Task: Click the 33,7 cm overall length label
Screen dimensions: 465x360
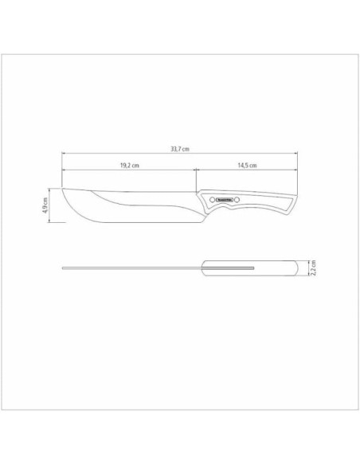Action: point(179,148)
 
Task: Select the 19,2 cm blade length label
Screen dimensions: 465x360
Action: point(130,165)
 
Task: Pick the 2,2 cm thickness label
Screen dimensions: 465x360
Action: point(315,271)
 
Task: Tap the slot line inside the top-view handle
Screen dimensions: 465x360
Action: point(231,267)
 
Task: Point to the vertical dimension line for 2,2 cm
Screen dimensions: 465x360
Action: point(309,271)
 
